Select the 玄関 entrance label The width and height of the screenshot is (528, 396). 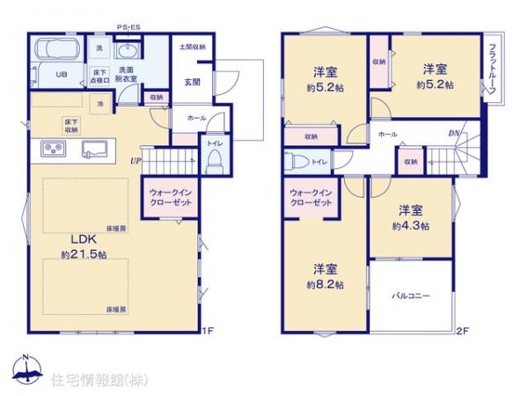click(192, 82)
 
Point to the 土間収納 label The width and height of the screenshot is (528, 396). click(192, 47)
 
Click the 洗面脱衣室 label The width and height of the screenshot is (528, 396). click(127, 75)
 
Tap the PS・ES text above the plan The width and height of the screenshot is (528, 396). click(128, 27)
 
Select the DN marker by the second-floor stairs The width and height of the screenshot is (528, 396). click(453, 134)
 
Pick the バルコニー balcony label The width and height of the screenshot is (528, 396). click(410, 297)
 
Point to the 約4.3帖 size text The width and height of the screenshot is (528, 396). click(411, 226)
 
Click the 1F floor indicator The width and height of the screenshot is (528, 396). click(208, 331)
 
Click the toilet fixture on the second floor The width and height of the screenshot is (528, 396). click(297, 162)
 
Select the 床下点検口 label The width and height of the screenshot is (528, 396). click(99, 75)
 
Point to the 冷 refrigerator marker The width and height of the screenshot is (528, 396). click(100, 103)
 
